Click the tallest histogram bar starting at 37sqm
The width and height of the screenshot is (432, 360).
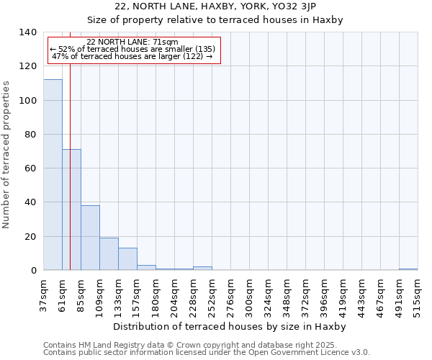coord(53,175)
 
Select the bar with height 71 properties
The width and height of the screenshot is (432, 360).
coord(71,210)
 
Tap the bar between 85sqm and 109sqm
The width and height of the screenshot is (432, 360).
coord(90,238)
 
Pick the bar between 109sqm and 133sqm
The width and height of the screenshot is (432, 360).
coord(109,254)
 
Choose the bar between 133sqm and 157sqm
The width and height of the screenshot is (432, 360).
coord(127,259)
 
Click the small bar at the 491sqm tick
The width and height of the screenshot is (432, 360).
coord(408,269)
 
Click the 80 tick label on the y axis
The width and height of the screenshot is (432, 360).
coord(30,135)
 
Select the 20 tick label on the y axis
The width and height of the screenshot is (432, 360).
coord(30,237)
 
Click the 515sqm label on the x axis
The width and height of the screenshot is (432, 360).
coord(417,294)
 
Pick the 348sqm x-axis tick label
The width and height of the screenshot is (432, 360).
coord(286,294)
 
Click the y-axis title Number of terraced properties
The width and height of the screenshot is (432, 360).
coord(7,154)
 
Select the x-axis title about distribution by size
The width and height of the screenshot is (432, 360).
coord(230,327)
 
